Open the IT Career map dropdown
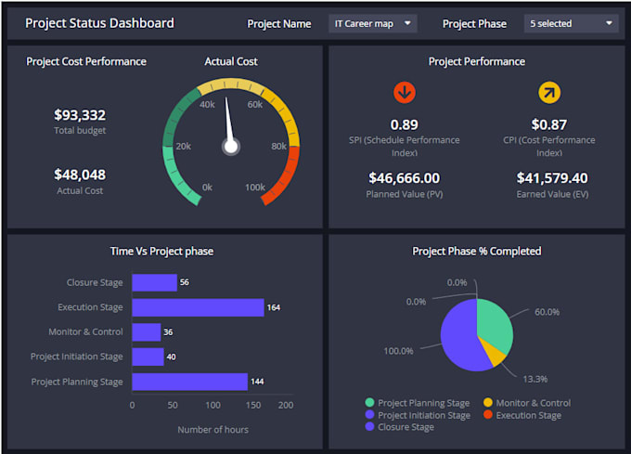pyautogui.click(x=372, y=23)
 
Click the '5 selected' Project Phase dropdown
pyautogui.click(x=571, y=23)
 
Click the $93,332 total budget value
pyautogui.click(x=80, y=115)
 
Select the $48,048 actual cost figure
pyautogui.click(x=80, y=175)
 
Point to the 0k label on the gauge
pyautogui.click(x=207, y=187)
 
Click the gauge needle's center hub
pyautogui.click(x=231, y=146)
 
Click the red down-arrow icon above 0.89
pyautogui.click(x=404, y=92)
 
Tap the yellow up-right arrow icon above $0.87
pyautogui.click(x=549, y=92)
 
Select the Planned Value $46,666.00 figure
pyautogui.click(x=404, y=177)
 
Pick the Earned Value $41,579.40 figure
pyautogui.click(x=551, y=177)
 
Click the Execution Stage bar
pyautogui.click(x=198, y=307)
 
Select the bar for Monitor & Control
pyautogui.click(x=147, y=331)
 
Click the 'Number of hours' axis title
pyautogui.click(x=212, y=429)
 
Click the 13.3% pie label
pyautogui.click(x=534, y=379)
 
